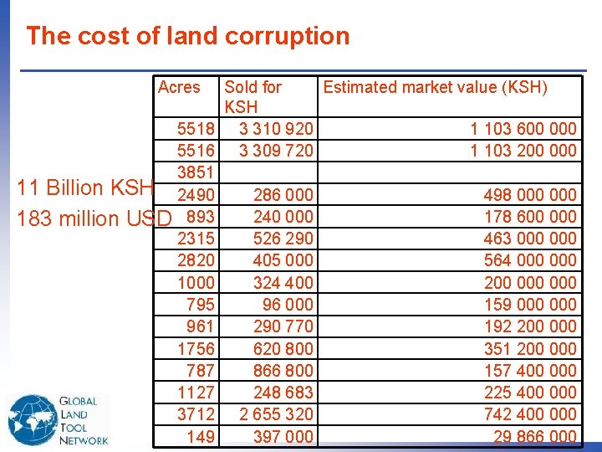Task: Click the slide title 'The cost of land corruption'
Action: (187, 36)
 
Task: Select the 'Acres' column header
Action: (179, 87)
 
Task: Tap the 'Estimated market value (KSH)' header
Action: (435, 87)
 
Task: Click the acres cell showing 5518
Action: (196, 129)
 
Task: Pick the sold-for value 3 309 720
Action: (276, 151)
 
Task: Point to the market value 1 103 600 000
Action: (523, 129)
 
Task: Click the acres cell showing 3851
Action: (196, 172)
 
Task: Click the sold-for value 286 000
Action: (283, 195)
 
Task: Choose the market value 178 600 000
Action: (530, 217)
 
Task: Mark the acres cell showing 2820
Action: (196, 260)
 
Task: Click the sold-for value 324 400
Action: (283, 282)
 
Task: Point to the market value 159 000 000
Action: (530, 304)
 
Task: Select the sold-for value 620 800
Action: (283, 348)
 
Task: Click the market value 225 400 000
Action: (530, 392)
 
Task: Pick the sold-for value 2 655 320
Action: (276, 413)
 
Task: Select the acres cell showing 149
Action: (201, 436)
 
